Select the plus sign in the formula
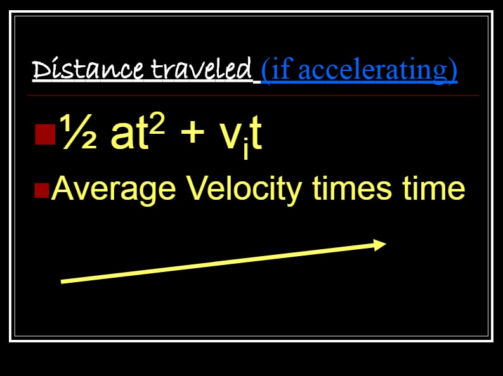click(192, 133)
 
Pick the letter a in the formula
click(121, 136)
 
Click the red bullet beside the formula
click(45, 134)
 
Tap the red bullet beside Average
click(42, 191)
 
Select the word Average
click(114, 190)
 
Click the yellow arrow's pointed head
click(386, 244)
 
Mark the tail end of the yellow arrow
click(61, 282)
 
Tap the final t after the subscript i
click(256, 134)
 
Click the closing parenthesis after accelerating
click(452, 70)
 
